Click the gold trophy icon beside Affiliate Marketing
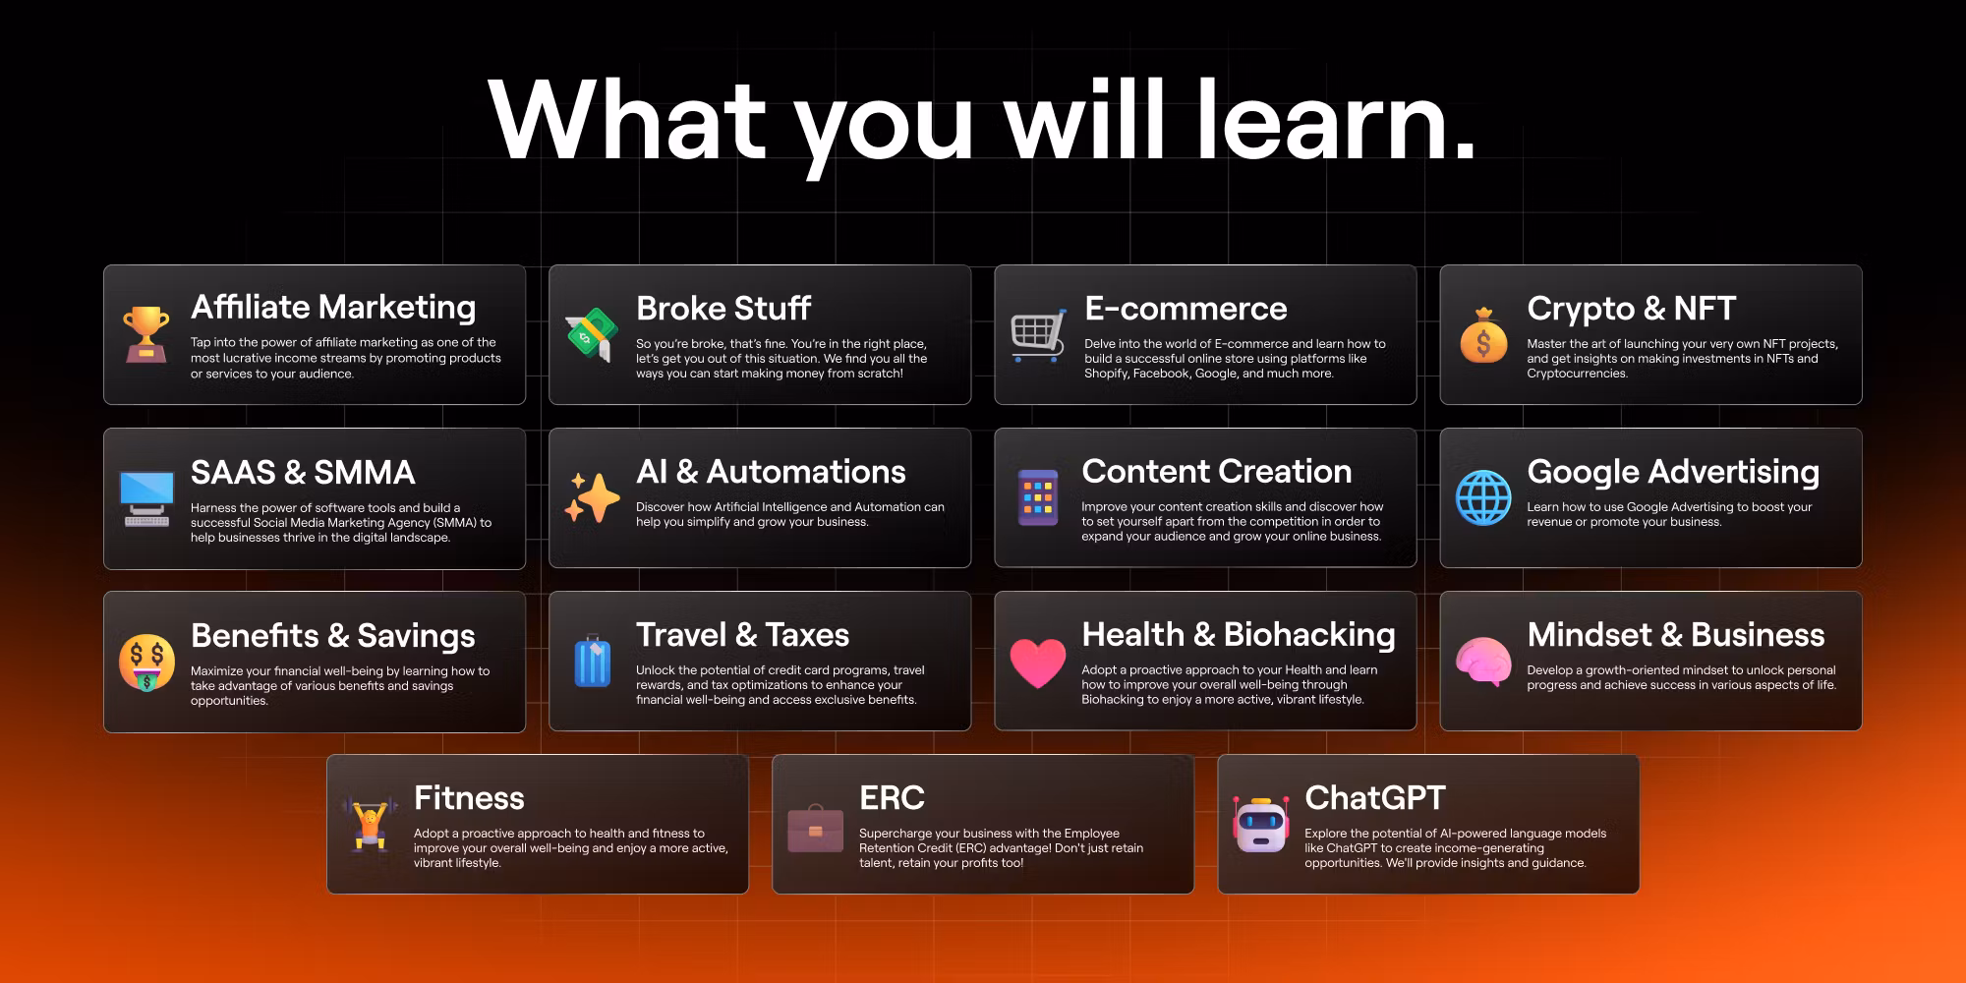(x=145, y=334)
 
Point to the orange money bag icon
(x=1483, y=335)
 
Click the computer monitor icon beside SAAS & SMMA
(x=146, y=498)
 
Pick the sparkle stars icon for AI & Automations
(x=592, y=497)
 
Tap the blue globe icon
(x=1483, y=497)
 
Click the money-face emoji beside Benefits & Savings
(x=146, y=663)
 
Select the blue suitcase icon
(x=592, y=662)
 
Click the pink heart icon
(x=1038, y=663)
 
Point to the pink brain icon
(x=1483, y=662)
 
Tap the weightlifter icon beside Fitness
(x=370, y=825)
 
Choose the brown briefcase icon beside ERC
(x=815, y=827)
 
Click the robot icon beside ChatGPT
(x=1261, y=825)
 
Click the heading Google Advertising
(x=1673, y=473)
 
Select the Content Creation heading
(x=1217, y=472)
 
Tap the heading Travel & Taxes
(x=742, y=635)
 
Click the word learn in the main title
(x=1336, y=120)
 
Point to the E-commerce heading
(x=1185, y=309)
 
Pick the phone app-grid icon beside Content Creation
(x=1038, y=497)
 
